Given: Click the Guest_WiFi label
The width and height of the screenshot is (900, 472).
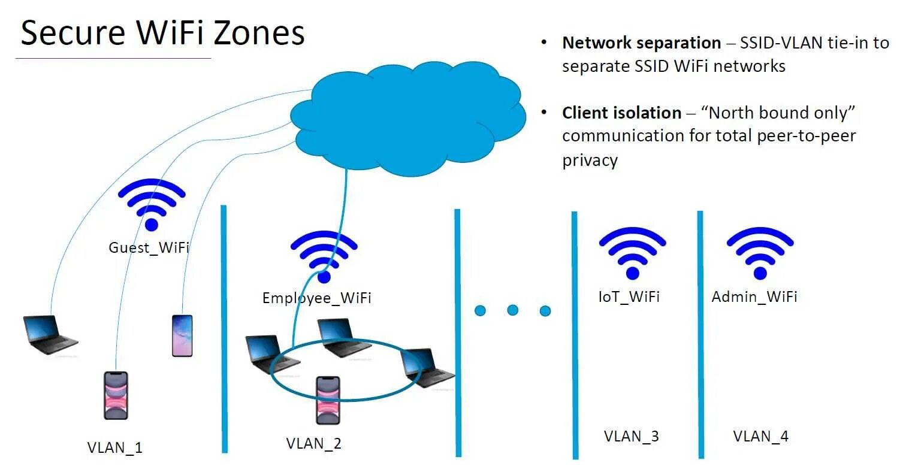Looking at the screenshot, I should coord(149,247).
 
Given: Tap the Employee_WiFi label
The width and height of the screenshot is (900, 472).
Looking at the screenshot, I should coord(316,298).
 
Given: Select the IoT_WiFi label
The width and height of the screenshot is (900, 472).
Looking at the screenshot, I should coord(629,296).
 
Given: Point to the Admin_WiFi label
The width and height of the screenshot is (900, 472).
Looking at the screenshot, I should coord(754,296).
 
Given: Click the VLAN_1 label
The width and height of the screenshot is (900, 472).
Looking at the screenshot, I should coord(114,447).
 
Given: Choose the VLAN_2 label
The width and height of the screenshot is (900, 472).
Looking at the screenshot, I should coord(313,444).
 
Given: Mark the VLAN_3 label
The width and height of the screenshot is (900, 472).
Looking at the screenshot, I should coord(631,436).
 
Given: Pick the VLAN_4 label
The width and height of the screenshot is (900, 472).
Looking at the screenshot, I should coord(760,436).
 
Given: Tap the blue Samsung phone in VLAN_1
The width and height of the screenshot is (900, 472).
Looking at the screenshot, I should coord(182,335).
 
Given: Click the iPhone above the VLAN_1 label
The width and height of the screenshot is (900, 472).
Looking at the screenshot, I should coord(116,395).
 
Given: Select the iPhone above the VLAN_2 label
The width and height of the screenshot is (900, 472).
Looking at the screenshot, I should coord(328,400).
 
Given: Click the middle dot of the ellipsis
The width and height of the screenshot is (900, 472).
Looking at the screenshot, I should coord(512,310).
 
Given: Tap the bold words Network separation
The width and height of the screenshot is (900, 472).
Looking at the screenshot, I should coord(641,43).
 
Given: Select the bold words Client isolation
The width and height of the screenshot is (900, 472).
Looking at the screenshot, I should coord(621,113).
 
